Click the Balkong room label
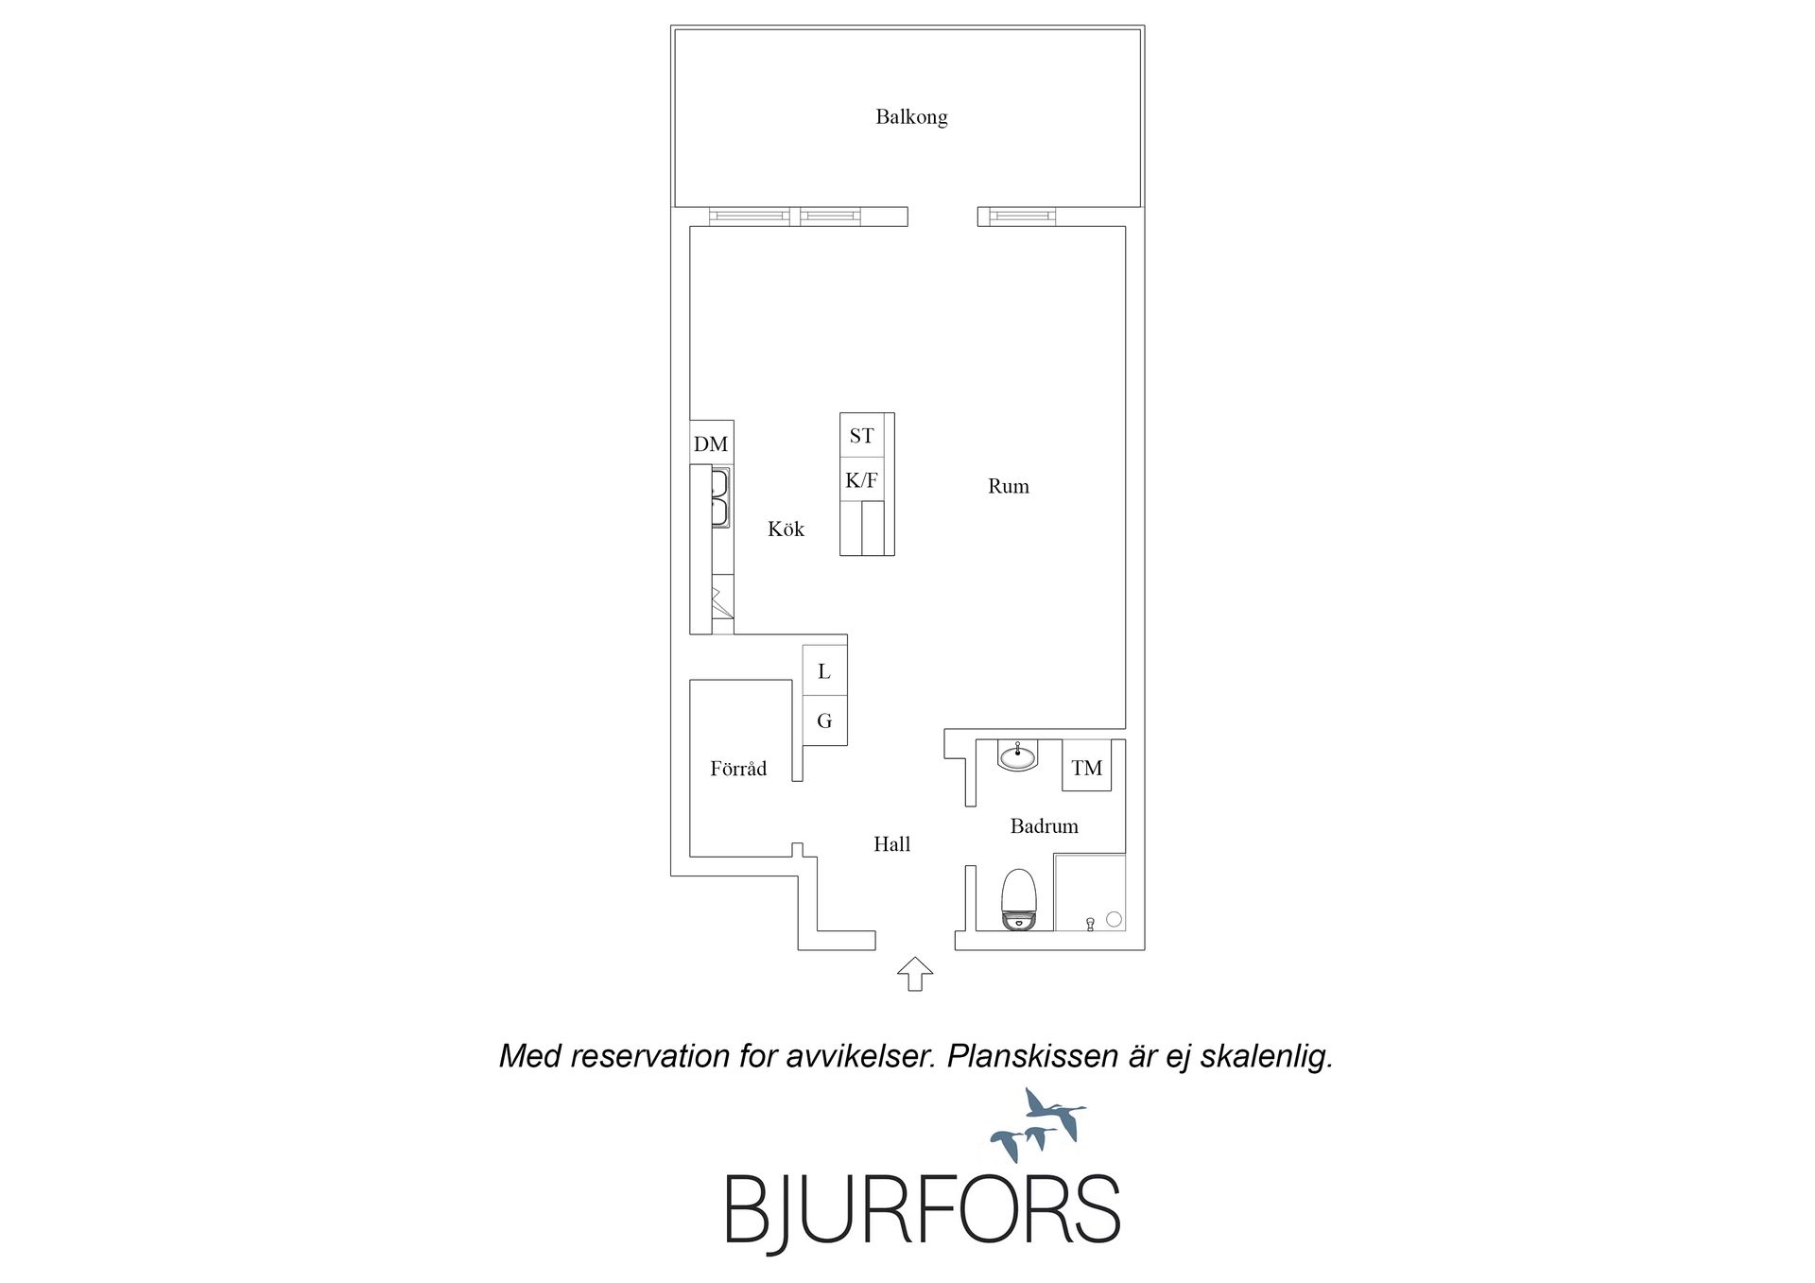[x=911, y=117]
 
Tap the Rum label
[x=1009, y=486]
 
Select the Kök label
[x=786, y=529]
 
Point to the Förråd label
[x=738, y=769]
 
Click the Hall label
[x=891, y=844]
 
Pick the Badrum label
[x=1045, y=826]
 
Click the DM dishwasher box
[x=712, y=443]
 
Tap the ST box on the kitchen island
[x=862, y=436]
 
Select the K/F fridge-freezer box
[x=862, y=480]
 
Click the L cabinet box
[x=824, y=671]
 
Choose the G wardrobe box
[x=824, y=720]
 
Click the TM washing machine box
[x=1087, y=768]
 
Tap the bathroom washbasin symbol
[x=1018, y=755]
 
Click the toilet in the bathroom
[x=1019, y=900]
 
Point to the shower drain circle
[x=1114, y=918]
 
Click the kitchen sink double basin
[x=720, y=498]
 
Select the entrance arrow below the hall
[x=914, y=974]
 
